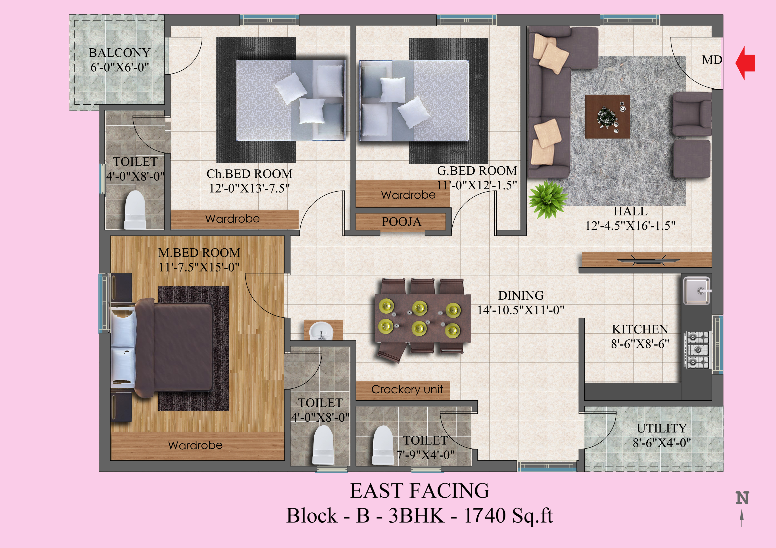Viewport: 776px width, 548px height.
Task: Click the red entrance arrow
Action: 745,63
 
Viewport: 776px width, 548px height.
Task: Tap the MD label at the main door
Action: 712,60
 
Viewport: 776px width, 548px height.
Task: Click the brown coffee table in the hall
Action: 607,116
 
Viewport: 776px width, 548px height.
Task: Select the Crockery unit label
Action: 407,389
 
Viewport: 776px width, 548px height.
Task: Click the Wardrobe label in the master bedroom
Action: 195,445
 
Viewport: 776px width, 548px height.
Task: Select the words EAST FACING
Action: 419,491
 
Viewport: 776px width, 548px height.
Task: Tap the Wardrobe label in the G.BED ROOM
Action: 408,195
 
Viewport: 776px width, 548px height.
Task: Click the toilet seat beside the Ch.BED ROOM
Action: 135,210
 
